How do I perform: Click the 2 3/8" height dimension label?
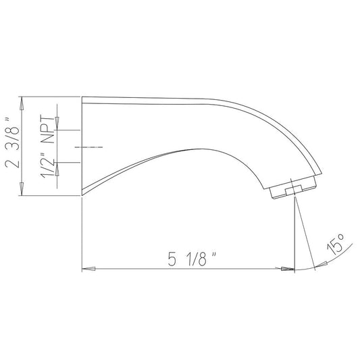tap(13, 143)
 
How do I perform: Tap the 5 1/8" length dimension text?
tap(192, 259)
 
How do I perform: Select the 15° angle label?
tap(336, 245)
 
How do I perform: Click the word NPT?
tap(48, 129)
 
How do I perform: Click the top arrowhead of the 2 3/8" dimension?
tap(22, 103)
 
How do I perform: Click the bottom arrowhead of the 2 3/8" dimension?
tap(22, 189)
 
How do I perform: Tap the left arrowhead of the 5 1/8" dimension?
tap(88, 269)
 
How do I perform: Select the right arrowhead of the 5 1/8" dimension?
tap(288, 269)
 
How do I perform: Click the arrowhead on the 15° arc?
tap(321, 264)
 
